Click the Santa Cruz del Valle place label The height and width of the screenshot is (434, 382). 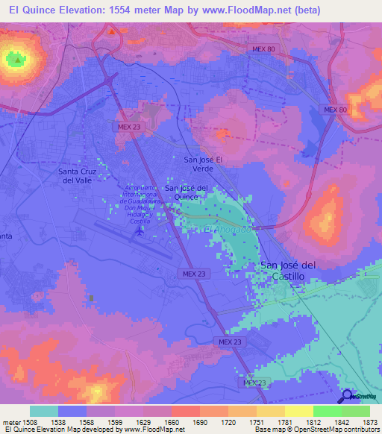coord(76,175)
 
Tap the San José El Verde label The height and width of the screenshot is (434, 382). coord(204,165)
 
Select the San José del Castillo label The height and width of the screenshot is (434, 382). coord(292,270)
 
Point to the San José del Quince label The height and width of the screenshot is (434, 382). coord(185,192)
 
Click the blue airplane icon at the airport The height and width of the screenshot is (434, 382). coord(139,231)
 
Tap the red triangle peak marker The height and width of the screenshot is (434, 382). coord(112,32)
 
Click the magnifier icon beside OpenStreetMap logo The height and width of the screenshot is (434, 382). coord(347,396)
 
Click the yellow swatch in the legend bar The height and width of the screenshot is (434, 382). coord(298,411)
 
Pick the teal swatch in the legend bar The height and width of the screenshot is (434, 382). coord(44,411)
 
